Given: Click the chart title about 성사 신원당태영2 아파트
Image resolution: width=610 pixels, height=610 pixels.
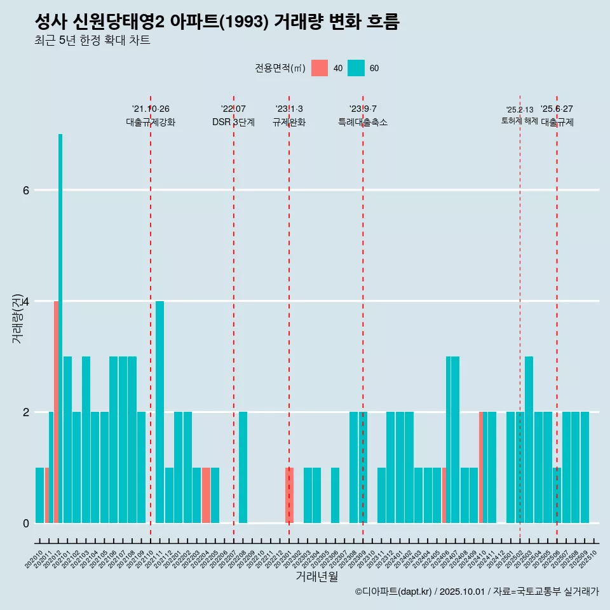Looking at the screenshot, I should pos(217,22).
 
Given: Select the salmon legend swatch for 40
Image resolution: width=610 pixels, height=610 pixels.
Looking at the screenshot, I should pos(320,68).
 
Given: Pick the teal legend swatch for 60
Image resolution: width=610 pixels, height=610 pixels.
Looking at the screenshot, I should pos(356,68).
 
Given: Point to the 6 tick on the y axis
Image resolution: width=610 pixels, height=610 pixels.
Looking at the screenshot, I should pos(25,190).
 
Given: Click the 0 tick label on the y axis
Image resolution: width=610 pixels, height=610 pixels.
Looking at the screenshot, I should pos(25,523).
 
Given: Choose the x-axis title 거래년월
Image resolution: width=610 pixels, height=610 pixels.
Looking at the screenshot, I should pos(316,576).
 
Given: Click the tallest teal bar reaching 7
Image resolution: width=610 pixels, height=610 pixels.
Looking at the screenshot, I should pos(60,328).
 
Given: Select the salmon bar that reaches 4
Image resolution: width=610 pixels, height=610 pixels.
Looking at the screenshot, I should pos(56,412).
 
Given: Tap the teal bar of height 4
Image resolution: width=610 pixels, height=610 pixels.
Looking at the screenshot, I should pos(159,412).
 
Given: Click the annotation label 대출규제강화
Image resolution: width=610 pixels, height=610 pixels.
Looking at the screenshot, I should pos(151,122).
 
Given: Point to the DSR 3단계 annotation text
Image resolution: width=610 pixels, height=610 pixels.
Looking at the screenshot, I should pos(233,122).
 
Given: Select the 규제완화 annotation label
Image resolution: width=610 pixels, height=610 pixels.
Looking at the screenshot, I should pos(289,122).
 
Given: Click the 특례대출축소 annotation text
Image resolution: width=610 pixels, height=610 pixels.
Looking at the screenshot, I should pos(363,122).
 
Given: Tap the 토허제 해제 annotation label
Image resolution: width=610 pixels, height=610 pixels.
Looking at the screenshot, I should pos(520,121).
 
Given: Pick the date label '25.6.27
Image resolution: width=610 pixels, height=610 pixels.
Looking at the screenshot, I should pos(557,109).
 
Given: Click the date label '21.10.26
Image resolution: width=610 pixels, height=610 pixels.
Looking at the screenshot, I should pos(151,109).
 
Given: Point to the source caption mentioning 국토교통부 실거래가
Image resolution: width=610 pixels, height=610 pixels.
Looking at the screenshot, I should pos(477,592).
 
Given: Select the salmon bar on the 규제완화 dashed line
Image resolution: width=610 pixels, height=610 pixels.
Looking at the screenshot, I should pos(289,495).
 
